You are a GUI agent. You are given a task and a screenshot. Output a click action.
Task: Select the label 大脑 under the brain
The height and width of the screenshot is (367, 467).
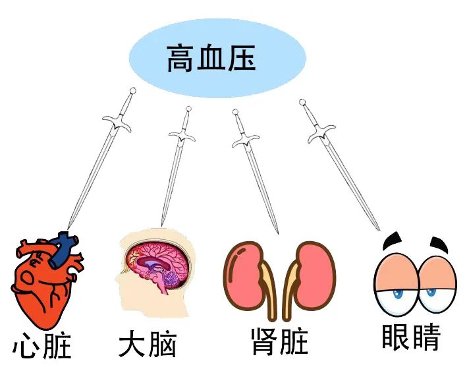pos(148,345)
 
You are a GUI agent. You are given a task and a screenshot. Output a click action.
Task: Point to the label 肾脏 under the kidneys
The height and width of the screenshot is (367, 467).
pos(279,343)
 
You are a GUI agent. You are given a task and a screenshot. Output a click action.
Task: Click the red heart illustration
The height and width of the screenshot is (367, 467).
pos(43,283)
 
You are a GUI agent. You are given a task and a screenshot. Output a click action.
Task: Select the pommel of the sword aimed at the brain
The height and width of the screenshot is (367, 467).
pos(188,109)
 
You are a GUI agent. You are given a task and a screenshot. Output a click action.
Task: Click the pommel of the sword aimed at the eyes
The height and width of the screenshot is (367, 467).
pos(302,103)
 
